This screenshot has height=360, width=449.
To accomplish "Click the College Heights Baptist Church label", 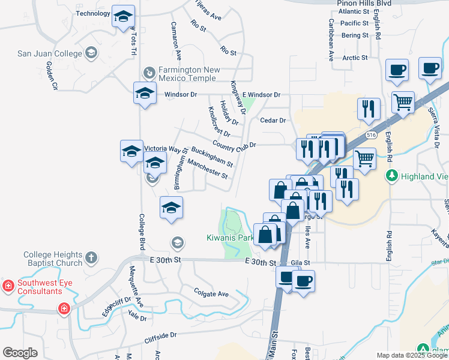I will click(53, 259).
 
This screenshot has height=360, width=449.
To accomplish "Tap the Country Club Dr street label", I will click(234, 145).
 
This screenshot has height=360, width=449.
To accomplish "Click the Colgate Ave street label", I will click(211, 294).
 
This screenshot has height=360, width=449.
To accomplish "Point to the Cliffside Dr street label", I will click(160, 338).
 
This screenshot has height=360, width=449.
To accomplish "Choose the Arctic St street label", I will click(355, 58).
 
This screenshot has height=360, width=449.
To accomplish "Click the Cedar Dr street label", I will click(273, 120).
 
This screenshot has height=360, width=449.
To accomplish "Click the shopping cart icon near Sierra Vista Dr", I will click(403, 101).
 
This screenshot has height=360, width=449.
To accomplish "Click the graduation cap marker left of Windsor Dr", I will click(145, 94).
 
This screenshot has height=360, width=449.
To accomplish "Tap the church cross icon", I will click(91, 258).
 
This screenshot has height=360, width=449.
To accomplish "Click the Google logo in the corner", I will click(20, 353).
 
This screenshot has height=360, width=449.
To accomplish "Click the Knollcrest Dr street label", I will click(218, 121).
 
